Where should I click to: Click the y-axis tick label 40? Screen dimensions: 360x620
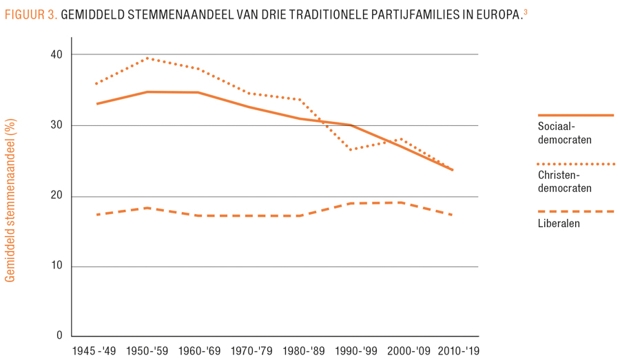56,54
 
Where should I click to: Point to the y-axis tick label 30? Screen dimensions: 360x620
56,125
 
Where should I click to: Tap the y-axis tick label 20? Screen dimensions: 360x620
56,196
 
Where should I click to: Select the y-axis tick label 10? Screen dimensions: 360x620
56,266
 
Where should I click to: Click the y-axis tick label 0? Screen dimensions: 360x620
59,336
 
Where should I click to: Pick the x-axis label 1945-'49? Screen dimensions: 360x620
96,351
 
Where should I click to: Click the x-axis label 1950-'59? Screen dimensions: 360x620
147,351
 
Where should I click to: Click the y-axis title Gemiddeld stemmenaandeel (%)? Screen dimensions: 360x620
10,200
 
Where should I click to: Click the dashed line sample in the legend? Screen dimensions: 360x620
575,211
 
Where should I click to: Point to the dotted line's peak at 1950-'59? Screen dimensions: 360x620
147,59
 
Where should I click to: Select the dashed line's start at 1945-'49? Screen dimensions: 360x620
97,215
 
